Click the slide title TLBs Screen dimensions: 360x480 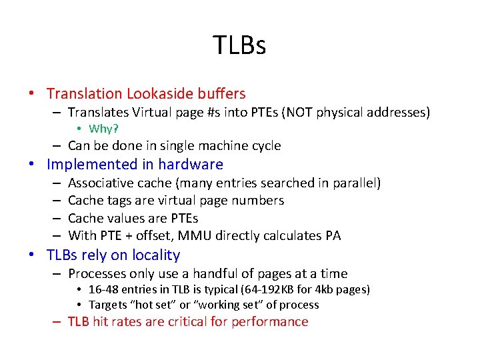pos(239,45)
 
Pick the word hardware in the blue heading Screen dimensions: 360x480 pos(189,164)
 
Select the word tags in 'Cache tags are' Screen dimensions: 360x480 pos(115,200)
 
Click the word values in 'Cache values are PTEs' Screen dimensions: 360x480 pos(121,218)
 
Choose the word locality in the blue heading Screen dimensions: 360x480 pos(155,255)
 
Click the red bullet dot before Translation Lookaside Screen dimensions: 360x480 pos(40,95)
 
